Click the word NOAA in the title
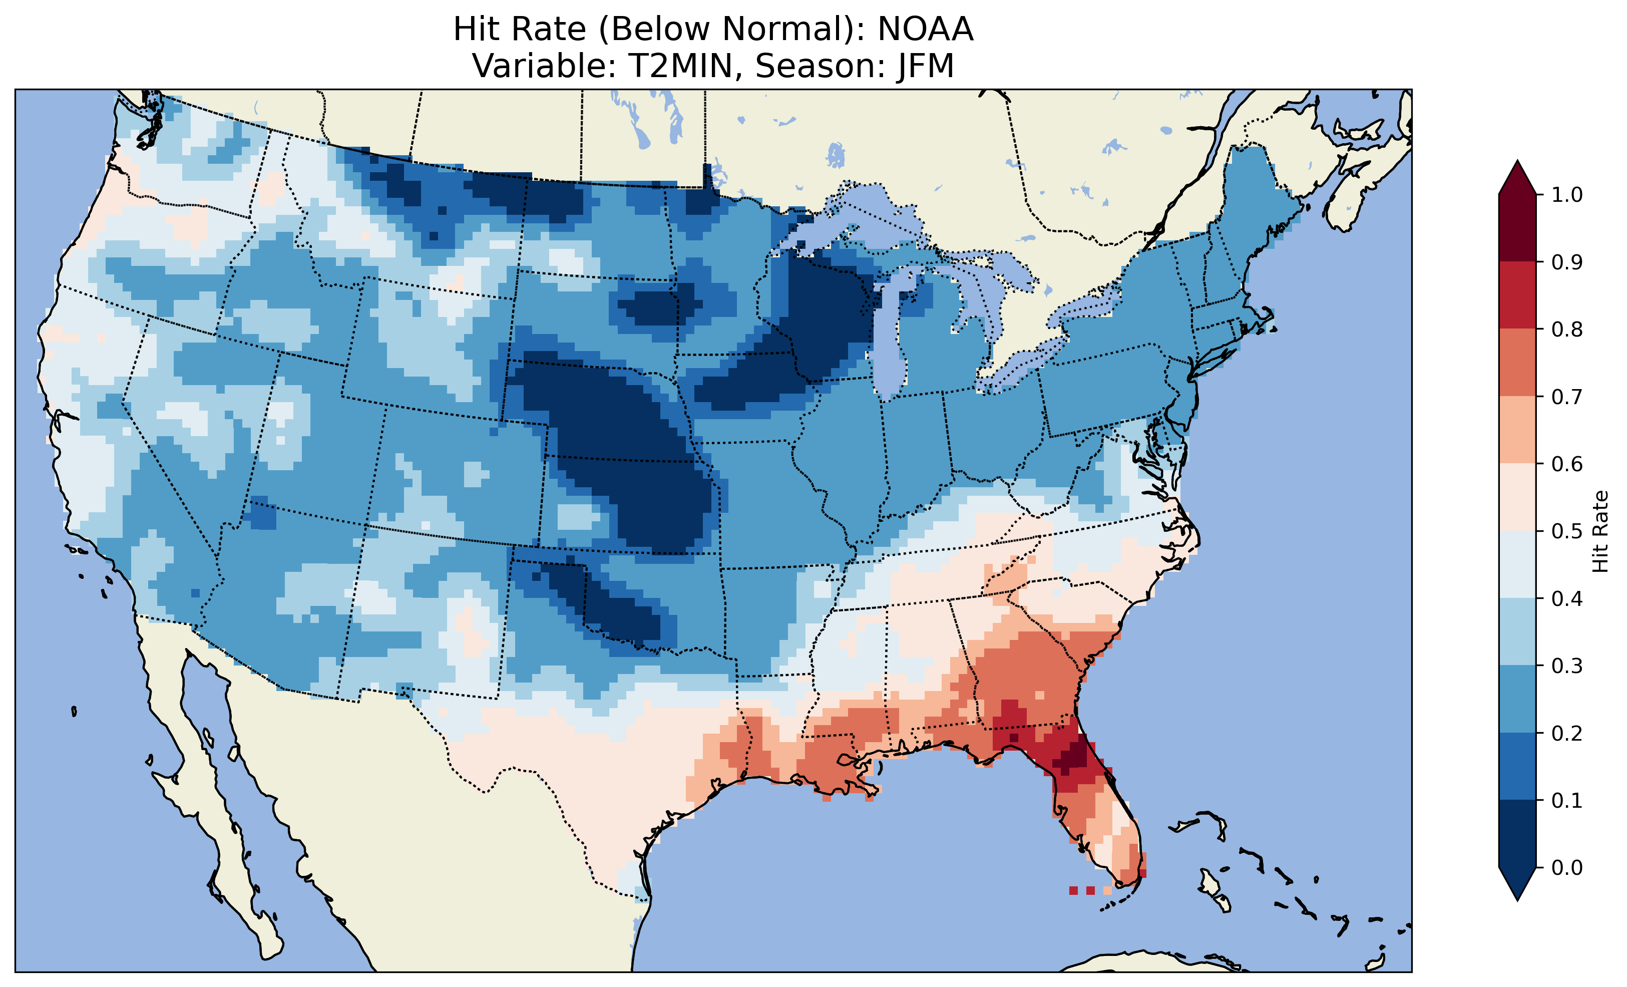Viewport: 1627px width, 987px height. pyautogui.click(x=925, y=29)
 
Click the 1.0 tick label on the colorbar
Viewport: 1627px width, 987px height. pyautogui.click(x=1567, y=195)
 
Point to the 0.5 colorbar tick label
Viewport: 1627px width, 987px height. pyautogui.click(x=1567, y=531)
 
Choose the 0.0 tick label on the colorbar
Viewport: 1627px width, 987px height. pyautogui.click(x=1567, y=867)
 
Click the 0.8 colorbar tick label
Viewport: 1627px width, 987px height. pyautogui.click(x=1567, y=329)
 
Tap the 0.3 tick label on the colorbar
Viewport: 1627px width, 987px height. pyautogui.click(x=1567, y=666)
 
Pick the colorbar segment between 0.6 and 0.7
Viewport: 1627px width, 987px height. pyautogui.click(x=1517, y=430)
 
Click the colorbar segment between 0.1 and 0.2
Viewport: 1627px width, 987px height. pyautogui.click(x=1517, y=766)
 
